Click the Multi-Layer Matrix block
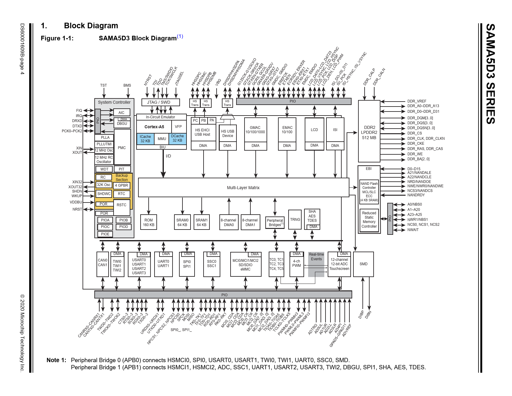tap(243, 188)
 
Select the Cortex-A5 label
tap(154, 127)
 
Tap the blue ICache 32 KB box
tap(145, 139)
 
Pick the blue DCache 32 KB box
tap(177, 138)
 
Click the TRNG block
tap(295, 220)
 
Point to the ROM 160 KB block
tap(149, 222)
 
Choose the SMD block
tap(363, 264)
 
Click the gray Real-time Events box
tap(316, 264)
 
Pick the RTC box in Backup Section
tap(121, 194)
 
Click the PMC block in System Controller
tap(122, 148)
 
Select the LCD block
tap(314, 130)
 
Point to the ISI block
tap(335, 130)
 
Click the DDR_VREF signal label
tap(417, 101)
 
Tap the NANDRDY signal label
tap(416, 195)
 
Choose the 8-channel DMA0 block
tap(229, 222)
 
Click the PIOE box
tap(105, 234)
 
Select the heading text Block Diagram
tap(91, 26)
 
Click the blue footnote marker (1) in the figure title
tap(180, 36)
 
